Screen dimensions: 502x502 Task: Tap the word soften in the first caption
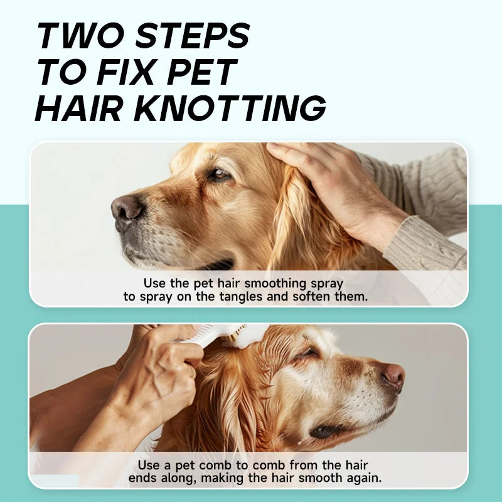[x=311, y=297]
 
